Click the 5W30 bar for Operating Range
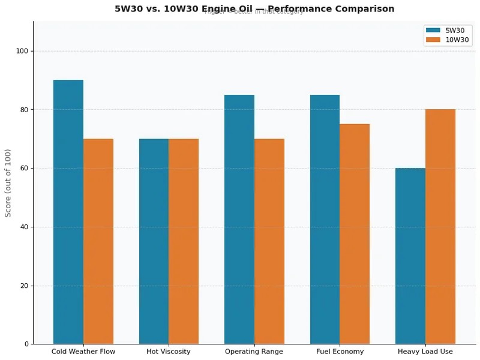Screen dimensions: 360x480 point(239,219)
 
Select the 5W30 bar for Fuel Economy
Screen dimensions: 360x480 point(325,219)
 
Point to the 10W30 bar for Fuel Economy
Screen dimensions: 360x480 point(355,234)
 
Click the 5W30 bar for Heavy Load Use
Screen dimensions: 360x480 point(410,256)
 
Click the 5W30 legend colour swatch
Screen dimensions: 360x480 point(433,30)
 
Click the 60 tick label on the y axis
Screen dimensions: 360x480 point(24,168)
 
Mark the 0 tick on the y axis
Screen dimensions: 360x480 point(26,344)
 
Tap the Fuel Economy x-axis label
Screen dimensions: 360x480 point(340,352)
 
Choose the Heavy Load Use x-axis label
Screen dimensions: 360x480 point(425,352)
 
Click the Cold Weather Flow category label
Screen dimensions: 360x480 point(83,352)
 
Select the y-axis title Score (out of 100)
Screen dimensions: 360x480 point(8,183)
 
